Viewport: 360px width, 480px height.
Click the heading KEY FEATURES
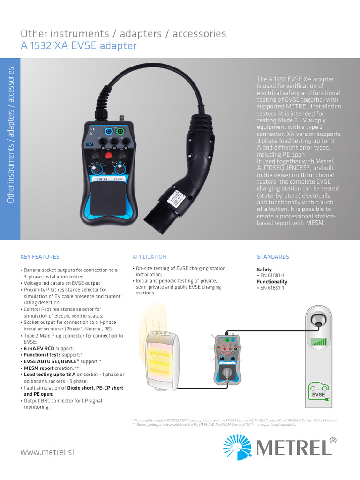pos(40,257)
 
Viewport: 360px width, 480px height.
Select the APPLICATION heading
pos(149,257)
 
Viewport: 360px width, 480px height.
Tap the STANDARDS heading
pos(273,257)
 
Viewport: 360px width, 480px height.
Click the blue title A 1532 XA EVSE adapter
pos(79,45)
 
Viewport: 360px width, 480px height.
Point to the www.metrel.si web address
pos(47,452)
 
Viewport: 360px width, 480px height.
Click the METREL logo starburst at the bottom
pos(238,446)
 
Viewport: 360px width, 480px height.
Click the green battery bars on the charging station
pos(319,341)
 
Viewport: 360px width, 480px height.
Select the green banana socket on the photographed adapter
pos(120,132)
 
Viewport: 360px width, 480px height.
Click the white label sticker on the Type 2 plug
pos(178,199)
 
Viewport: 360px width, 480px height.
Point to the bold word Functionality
pos(272,282)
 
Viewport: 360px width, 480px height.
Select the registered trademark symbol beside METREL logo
pos(333,440)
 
